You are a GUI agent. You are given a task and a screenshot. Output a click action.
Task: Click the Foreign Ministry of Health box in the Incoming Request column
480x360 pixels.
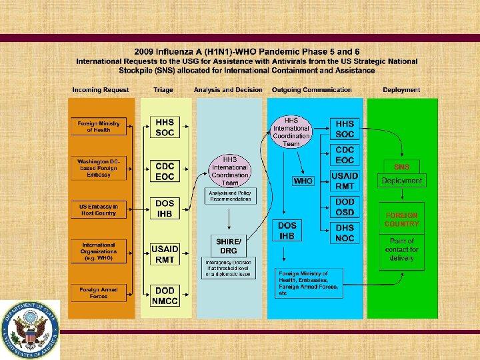(98, 127)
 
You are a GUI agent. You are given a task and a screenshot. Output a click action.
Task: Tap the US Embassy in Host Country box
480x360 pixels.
(98, 209)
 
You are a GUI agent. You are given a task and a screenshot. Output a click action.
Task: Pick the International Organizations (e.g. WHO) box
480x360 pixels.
(98, 251)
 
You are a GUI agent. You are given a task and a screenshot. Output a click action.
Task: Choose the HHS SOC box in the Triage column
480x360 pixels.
(165, 128)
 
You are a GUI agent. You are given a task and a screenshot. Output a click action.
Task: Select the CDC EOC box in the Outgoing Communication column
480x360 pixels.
(345, 155)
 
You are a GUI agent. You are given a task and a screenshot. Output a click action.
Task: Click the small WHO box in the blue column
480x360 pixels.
(303, 181)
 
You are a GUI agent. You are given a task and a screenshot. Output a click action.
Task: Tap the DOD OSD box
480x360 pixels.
(345, 207)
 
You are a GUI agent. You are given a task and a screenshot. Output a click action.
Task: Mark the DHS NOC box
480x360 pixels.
(345, 233)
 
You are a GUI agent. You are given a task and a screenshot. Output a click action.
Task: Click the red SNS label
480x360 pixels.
(402, 166)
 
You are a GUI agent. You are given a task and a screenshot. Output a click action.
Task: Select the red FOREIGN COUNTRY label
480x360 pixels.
(402, 219)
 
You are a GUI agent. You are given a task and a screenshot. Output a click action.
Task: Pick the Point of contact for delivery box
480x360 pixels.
(402, 249)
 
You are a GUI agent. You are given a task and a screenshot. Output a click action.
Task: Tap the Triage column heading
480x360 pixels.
(163, 90)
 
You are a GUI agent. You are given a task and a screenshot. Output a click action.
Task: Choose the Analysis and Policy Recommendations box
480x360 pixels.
(230, 195)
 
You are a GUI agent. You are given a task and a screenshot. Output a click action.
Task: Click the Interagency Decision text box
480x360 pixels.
(229, 268)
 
